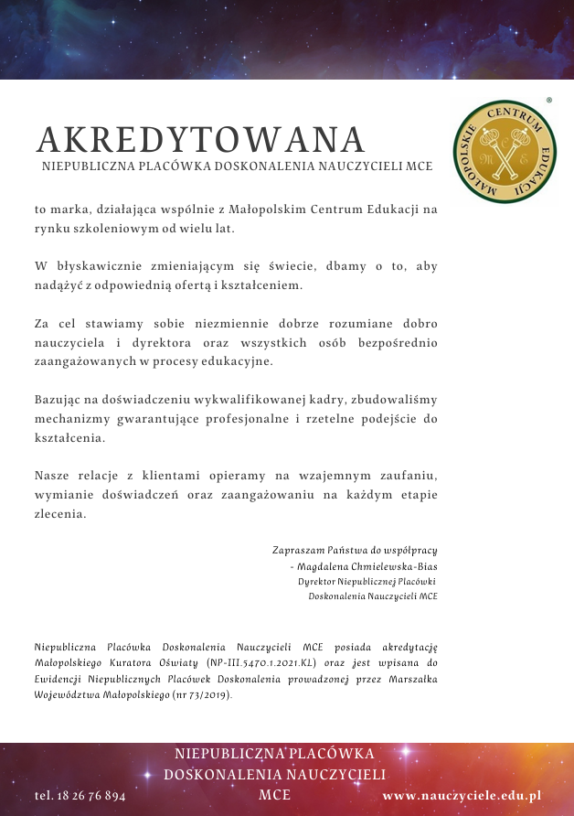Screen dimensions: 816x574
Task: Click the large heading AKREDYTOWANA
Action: [x=200, y=140]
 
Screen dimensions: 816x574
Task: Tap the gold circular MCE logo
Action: [x=504, y=150]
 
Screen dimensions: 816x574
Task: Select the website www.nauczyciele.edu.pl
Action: [x=462, y=796]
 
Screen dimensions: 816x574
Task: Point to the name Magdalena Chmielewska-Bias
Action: [x=367, y=566]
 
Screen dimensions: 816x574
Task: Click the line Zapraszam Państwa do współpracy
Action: [x=355, y=551]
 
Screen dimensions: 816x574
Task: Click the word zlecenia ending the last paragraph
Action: [x=59, y=514]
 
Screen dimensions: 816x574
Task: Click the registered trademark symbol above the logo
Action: [x=548, y=99]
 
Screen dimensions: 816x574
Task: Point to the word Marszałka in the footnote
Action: [x=412, y=678]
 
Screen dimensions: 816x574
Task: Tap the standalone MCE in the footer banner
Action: [x=275, y=794]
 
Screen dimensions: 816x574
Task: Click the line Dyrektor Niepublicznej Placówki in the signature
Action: [x=367, y=582]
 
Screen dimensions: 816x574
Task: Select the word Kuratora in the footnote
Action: [x=117, y=661]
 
